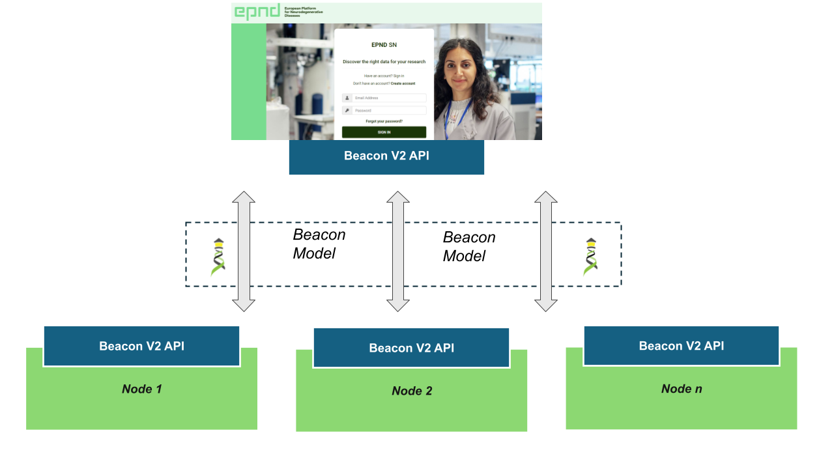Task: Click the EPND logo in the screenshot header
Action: click(x=257, y=12)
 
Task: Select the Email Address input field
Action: click(x=388, y=98)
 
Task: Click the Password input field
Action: click(x=388, y=111)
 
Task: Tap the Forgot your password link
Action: click(x=384, y=121)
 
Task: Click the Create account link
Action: click(x=403, y=83)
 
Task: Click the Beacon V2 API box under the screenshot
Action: click(x=386, y=157)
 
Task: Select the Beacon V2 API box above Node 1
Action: click(x=141, y=346)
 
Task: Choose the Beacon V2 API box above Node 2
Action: click(x=411, y=348)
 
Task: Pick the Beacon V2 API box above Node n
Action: click(x=681, y=346)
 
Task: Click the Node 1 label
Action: click(x=141, y=389)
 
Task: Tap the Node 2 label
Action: click(x=412, y=391)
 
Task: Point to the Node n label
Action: click(x=682, y=389)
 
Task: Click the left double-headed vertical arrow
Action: click(x=244, y=251)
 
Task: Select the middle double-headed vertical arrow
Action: click(x=398, y=251)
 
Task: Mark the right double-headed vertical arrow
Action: click(x=546, y=251)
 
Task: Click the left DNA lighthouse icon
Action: click(x=218, y=257)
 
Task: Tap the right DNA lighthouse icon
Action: click(x=590, y=257)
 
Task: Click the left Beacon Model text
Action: click(x=319, y=244)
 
